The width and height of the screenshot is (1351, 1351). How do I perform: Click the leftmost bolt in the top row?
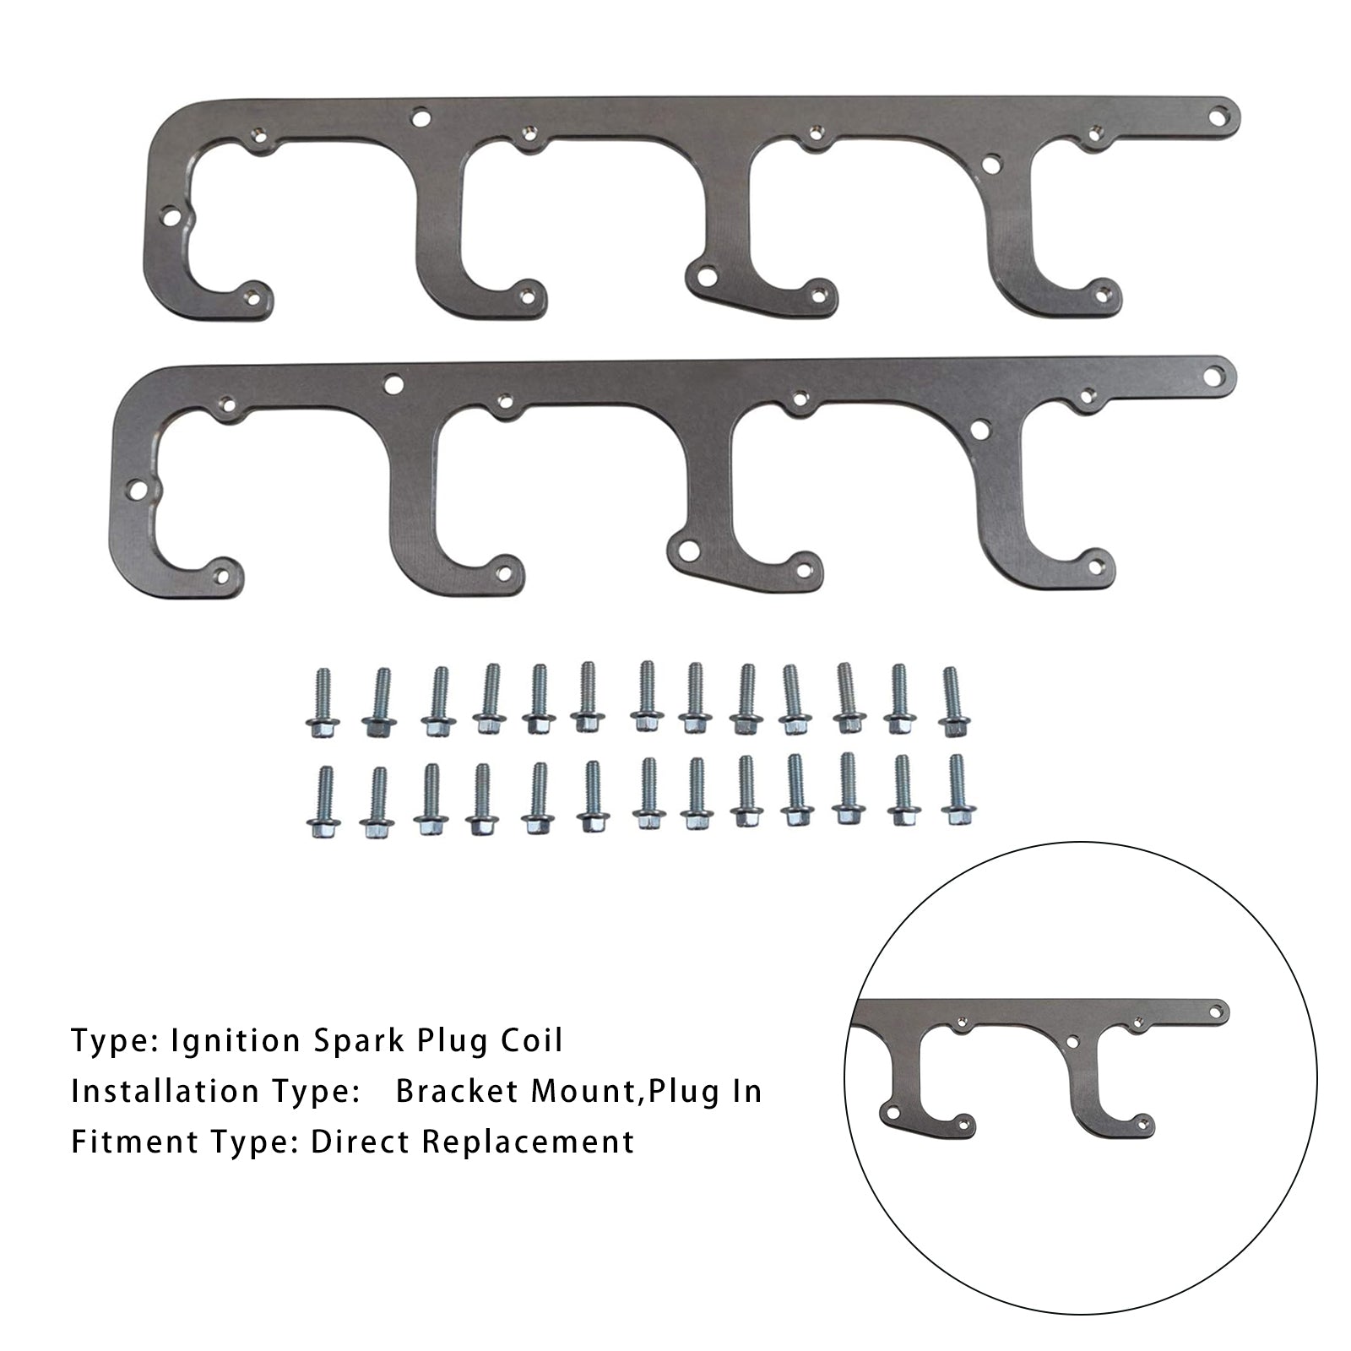pos(320,704)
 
